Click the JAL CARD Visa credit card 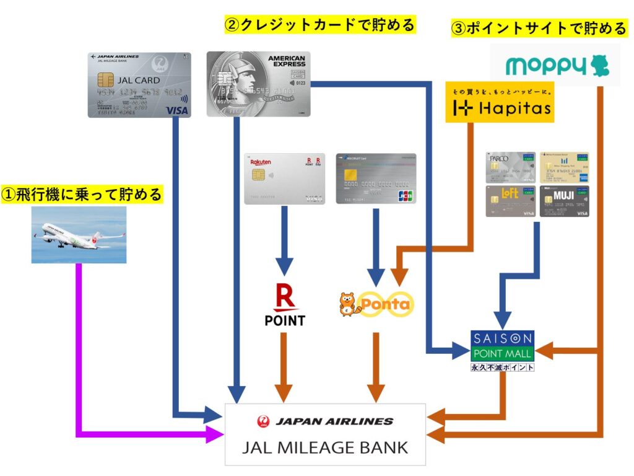tap(139, 84)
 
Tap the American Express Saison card tap(258, 84)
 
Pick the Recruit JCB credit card tap(376, 178)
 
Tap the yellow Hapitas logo tap(499, 104)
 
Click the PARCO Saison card tap(511, 167)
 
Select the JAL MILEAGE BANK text tap(325, 446)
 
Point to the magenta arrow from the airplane tap(79, 347)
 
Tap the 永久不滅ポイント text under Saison tap(502, 367)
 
